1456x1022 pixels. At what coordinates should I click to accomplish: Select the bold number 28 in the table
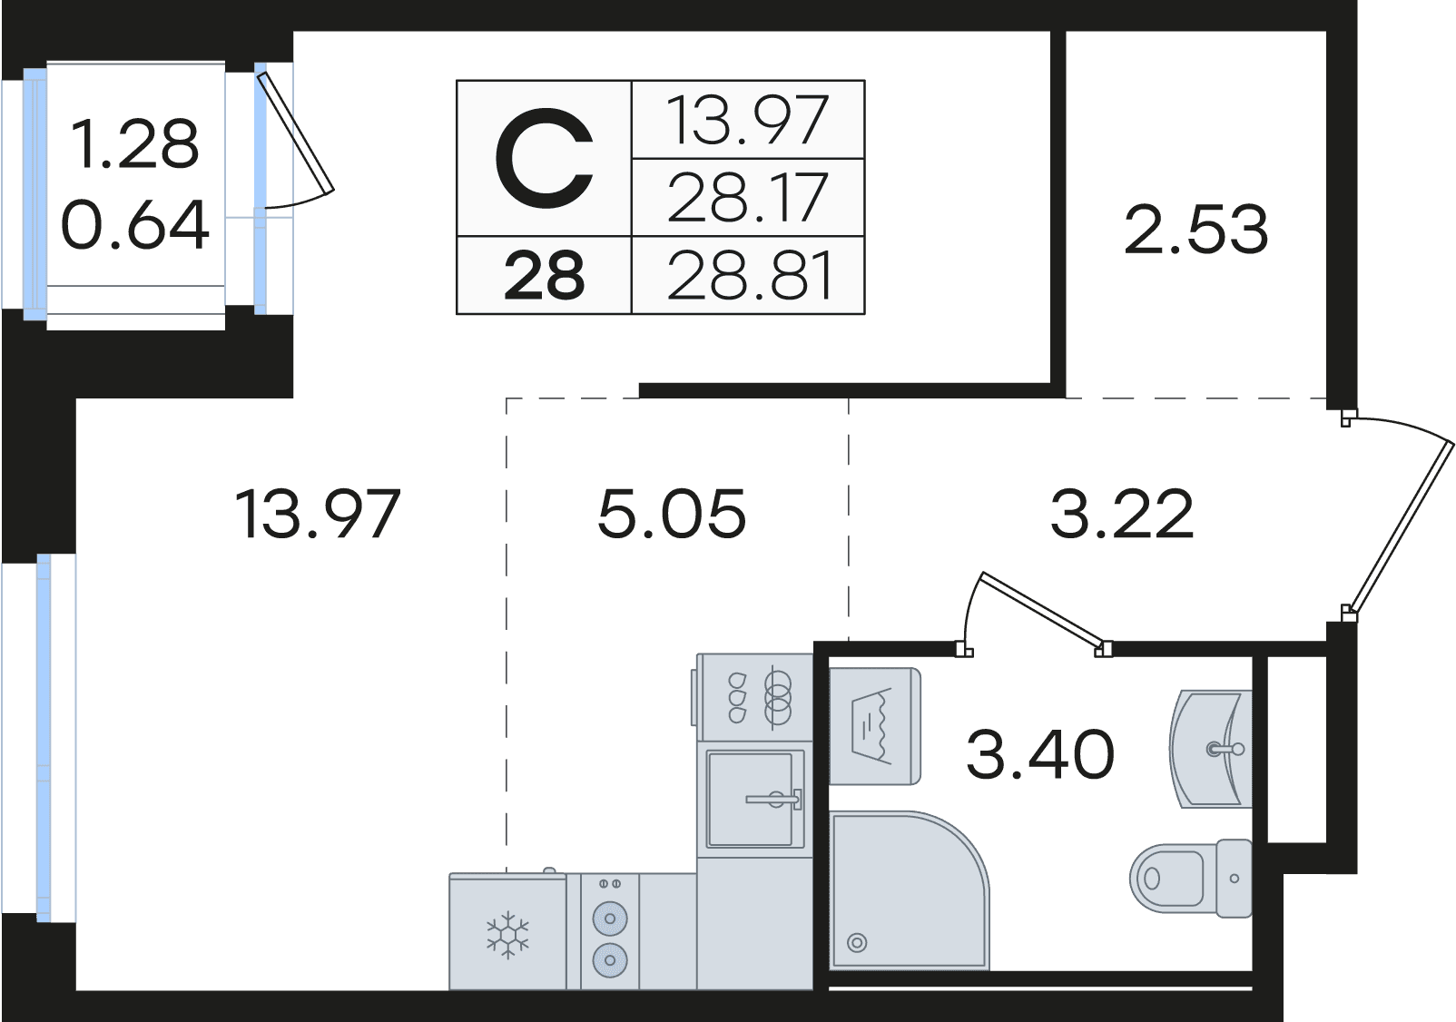pos(544,276)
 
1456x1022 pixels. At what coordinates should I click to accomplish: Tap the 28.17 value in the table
pos(748,197)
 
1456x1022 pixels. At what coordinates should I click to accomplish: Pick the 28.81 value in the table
pos(750,276)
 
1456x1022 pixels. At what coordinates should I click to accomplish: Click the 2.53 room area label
pos(1196,229)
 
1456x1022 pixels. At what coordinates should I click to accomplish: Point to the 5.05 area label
pos(672,515)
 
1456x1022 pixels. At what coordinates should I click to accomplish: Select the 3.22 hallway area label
pos(1123,515)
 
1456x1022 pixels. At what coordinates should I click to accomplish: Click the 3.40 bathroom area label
pos(1040,753)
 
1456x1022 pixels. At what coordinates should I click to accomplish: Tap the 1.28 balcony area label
pos(134,144)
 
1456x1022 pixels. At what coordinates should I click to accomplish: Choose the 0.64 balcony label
pos(134,225)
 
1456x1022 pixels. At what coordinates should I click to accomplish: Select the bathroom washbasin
pos(1210,749)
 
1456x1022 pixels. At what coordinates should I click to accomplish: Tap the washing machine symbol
pos(876,725)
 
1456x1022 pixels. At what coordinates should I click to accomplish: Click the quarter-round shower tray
pos(909,899)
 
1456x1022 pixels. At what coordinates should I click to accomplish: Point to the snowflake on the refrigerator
pos(507,936)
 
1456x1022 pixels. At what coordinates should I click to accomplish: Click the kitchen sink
pos(755,799)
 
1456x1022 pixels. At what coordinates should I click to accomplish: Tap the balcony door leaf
pos(296,133)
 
